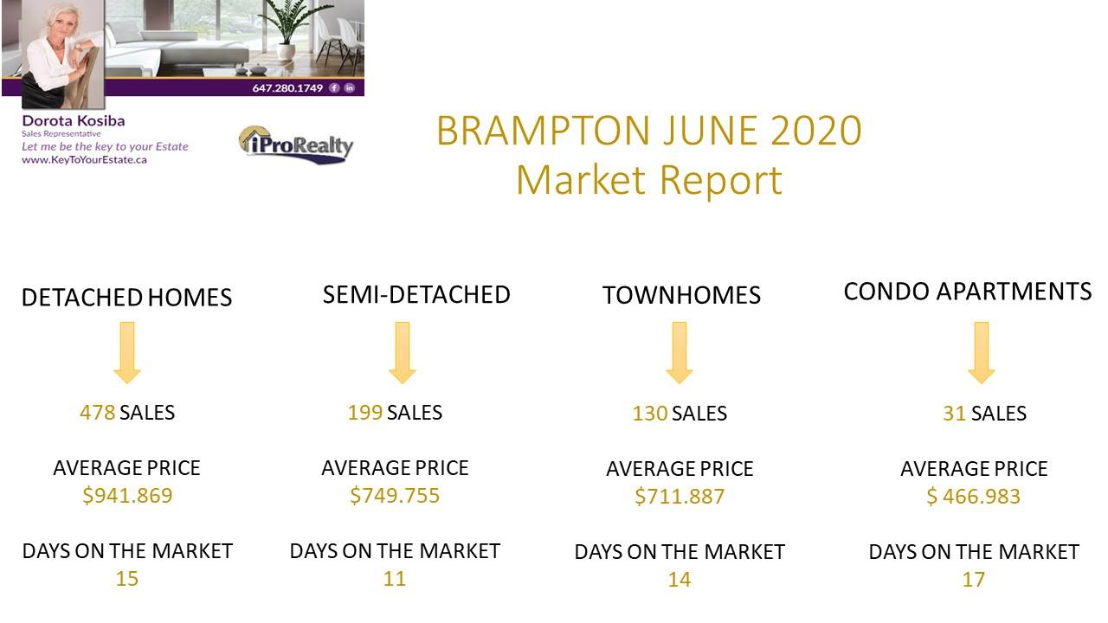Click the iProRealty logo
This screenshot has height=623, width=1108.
click(296, 145)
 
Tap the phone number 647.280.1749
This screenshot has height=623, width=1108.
click(287, 88)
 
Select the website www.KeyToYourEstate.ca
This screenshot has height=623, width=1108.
click(84, 160)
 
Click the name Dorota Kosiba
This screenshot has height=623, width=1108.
click(74, 120)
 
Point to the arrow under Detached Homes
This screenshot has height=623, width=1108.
click(127, 352)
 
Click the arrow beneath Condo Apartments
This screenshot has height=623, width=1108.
click(982, 352)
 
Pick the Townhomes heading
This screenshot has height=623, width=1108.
click(681, 295)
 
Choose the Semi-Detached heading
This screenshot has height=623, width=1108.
click(416, 295)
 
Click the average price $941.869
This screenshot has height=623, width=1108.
click(127, 496)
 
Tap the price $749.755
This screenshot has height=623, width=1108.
click(395, 496)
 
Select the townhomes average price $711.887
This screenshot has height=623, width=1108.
click(680, 497)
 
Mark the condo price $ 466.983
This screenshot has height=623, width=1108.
click(974, 497)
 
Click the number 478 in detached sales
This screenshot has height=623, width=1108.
click(98, 413)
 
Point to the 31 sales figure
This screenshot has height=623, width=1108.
click(954, 414)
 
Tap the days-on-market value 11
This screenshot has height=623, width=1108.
click(394, 579)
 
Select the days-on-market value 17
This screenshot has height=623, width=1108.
click(974, 580)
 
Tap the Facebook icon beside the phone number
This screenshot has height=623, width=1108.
click(335, 88)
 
